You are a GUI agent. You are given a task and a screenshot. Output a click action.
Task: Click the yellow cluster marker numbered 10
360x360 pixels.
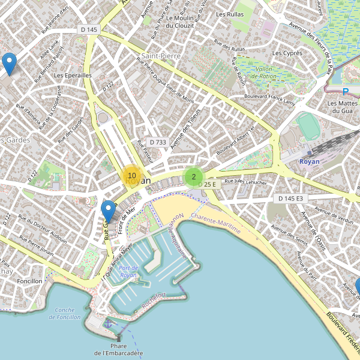tap(131, 176)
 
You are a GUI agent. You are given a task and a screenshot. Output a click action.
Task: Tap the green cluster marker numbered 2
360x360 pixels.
tap(193, 177)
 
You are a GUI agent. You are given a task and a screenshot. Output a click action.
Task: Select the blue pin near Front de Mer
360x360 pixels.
tap(108, 211)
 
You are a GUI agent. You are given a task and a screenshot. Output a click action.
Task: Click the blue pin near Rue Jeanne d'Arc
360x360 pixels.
tap(8, 63)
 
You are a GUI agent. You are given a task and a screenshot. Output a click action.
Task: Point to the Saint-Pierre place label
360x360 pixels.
tap(160, 56)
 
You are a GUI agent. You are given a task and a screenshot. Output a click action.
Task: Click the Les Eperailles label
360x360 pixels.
tap(73, 76)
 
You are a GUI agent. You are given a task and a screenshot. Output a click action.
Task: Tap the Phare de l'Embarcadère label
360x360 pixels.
tap(119, 349)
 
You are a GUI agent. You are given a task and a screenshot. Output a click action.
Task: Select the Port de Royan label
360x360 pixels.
tap(128, 271)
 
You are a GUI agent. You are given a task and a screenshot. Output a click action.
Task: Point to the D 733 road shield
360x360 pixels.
tap(157, 142)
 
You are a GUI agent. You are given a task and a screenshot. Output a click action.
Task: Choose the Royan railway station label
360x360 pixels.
tap(310, 161)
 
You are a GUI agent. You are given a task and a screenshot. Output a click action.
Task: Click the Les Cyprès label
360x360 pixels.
tap(287, 53)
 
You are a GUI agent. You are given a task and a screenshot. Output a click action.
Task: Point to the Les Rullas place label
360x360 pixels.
tap(230, 14)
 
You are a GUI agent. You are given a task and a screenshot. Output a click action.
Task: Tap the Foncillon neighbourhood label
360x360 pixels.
tap(30, 281)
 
